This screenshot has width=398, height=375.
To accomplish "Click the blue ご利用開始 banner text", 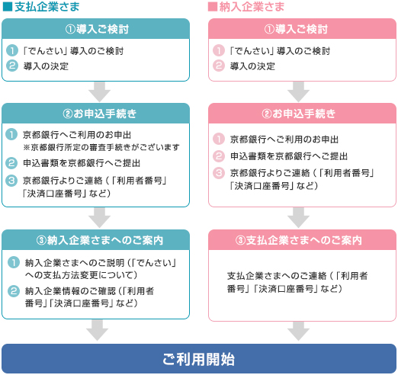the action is pyautogui.click(x=198, y=359).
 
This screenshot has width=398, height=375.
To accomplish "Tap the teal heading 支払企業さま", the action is pyautogui.click(x=47, y=7).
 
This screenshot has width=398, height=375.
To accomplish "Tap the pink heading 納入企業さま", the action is pyautogui.click(x=252, y=7).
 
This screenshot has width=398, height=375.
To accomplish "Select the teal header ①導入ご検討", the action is pyautogui.click(x=97, y=29).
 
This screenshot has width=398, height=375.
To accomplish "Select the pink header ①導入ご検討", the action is pyautogui.click(x=296, y=29).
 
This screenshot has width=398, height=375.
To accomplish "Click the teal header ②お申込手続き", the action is pyautogui.click(x=100, y=114).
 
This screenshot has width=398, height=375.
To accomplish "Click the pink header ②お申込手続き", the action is pyautogui.click(x=299, y=114).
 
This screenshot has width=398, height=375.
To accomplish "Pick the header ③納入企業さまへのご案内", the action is pyautogui.click(x=100, y=240).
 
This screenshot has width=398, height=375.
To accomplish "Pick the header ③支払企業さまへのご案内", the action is pyautogui.click(x=299, y=240).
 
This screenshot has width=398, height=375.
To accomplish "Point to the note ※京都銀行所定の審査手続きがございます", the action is pyautogui.click(x=101, y=147).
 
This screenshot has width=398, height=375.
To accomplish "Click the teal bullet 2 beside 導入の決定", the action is pyautogui.click(x=12, y=66).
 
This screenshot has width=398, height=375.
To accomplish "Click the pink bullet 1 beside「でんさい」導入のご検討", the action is pyautogui.click(x=219, y=50).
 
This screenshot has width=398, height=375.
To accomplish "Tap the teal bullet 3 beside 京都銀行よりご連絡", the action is pyautogui.click(x=11, y=181).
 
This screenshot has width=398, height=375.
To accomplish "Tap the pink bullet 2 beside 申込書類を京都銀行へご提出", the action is pyautogui.click(x=219, y=156).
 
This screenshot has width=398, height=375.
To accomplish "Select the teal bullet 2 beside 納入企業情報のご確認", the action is pyautogui.click(x=14, y=291).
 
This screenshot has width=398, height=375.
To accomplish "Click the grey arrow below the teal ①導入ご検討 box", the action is pyautogui.click(x=99, y=92).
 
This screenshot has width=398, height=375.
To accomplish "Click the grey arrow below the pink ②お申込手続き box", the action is pyautogui.click(x=298, y=218).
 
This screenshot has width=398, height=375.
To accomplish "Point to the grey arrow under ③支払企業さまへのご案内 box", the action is pyautogui.click(x=298, y=331).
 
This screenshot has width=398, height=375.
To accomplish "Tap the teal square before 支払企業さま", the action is pyautogui.click(x=8, y=7).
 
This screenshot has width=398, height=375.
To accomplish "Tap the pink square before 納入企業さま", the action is pyautogui.click(x=213, y=7).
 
